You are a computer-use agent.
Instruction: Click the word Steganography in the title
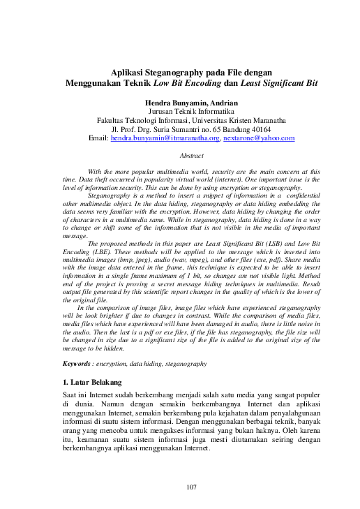tap(179, 71)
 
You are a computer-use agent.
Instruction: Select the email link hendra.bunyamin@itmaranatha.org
tap(165, 138)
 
